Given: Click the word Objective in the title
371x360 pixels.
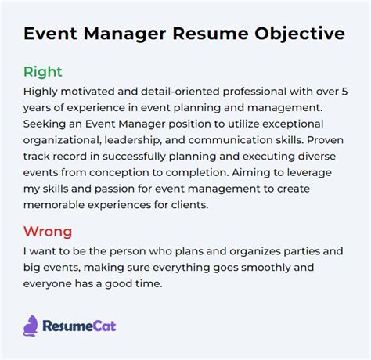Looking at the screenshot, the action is click(300, 34).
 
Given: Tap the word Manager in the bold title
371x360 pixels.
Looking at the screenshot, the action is click(124, 34).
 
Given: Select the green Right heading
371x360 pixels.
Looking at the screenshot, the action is click(43, 72).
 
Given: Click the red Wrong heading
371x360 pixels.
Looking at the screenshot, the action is click(48, 232).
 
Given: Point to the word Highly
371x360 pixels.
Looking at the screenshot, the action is click(40, 92).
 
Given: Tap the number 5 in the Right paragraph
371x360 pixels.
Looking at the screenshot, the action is click(344, 92).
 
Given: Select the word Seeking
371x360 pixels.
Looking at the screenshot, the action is click(45, 124).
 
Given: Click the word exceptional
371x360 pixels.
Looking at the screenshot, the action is click(293, 124).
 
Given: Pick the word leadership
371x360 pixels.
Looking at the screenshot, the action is click(132, 140).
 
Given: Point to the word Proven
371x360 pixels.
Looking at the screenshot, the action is click(325, 140).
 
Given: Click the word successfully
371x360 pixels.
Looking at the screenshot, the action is click(134, 157).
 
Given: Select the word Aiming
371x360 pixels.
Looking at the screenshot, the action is click(248, 173).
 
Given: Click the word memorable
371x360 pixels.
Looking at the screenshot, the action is click(54, 205).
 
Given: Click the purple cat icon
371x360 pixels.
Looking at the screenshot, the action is click(31, 326).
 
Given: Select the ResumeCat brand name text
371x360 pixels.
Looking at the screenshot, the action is click(79, 326).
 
